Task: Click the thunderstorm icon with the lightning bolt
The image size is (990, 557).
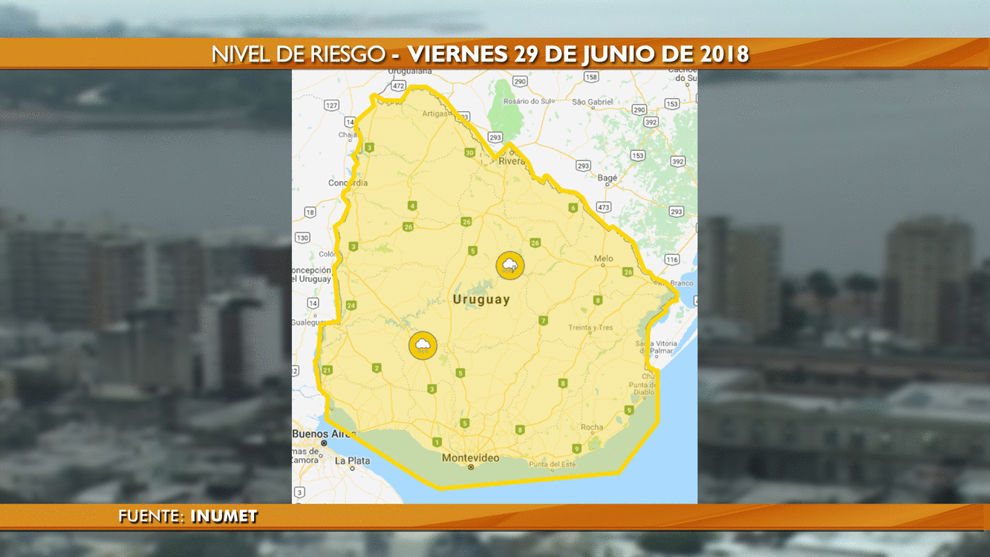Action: click(510, 265)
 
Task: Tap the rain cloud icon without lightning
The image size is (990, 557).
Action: click(423, 345)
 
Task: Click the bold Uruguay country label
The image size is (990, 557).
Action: click(482, 299)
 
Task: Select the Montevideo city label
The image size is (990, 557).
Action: click(470, 458)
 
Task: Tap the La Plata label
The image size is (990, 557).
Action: click(352, 460)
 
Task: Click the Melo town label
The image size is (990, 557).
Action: click(603, 258)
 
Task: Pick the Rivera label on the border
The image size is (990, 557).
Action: click(512, 160)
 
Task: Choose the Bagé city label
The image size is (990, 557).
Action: click(608, 178)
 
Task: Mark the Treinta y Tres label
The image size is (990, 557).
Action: click(590, 328)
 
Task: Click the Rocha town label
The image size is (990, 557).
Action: click(592, 427)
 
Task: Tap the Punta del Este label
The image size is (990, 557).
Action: click(552, 464)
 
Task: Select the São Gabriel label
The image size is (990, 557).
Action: click(593, 102)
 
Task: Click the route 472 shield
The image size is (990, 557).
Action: click(398, 86)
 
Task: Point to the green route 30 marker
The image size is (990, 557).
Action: click(469, 153)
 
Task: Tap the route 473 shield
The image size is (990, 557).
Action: click(603, 206)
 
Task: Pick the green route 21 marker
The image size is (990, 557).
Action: click(327, 370)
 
